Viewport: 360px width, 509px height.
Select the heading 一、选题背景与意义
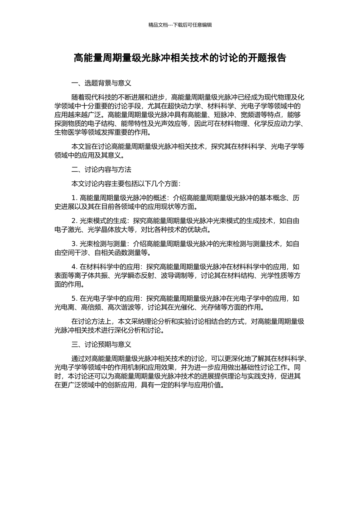(x=101, y=83)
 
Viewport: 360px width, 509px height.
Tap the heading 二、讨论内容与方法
(x=101, y=170)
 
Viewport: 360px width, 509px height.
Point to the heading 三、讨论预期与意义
(x=101, y=345)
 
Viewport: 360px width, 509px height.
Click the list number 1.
(x=74, y=198)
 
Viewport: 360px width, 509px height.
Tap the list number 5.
(x=74, y=299)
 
